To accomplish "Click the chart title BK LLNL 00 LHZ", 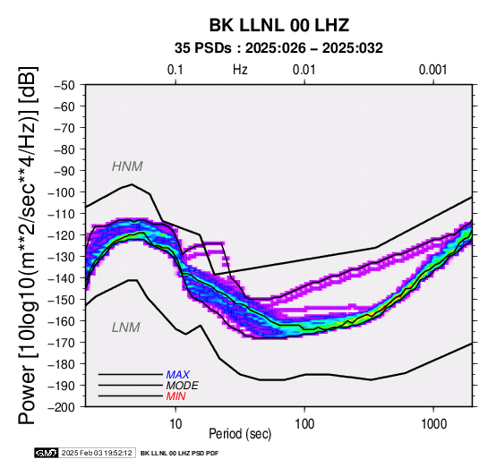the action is click(x=279, y=25).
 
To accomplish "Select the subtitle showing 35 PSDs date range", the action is click(x=278, y=48).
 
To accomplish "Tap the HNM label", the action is click(x=127, y=166).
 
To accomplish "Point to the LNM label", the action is click(x=126, y=327).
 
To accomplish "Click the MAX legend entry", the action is click(x=178, y=375).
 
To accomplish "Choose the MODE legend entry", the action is click(x=183, y=386).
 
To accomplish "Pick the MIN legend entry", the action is click(x=175, y=396).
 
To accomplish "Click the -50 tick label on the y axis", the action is click(x=64, y=85).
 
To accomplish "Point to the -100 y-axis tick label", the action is click(x=61, y=192).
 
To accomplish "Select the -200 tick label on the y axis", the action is click(x=61, y=407).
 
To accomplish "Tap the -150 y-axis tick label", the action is click(x=61, y=300).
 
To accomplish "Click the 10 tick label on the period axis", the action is click(x=175, y=424).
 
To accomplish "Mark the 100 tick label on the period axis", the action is click(x=304, y=424).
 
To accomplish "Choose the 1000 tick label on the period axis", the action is click(x=433, y=424).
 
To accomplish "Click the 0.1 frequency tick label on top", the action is click(x=175, y=70).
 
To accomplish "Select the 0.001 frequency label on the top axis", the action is click(x=432, y=70).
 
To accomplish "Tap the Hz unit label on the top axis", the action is click(x=240, y=70).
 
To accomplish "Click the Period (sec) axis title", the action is click(x=240, y=434).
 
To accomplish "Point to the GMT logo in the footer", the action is click(x=47, y=453).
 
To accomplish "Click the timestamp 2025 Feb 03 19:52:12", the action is click(x=97, y=453).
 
